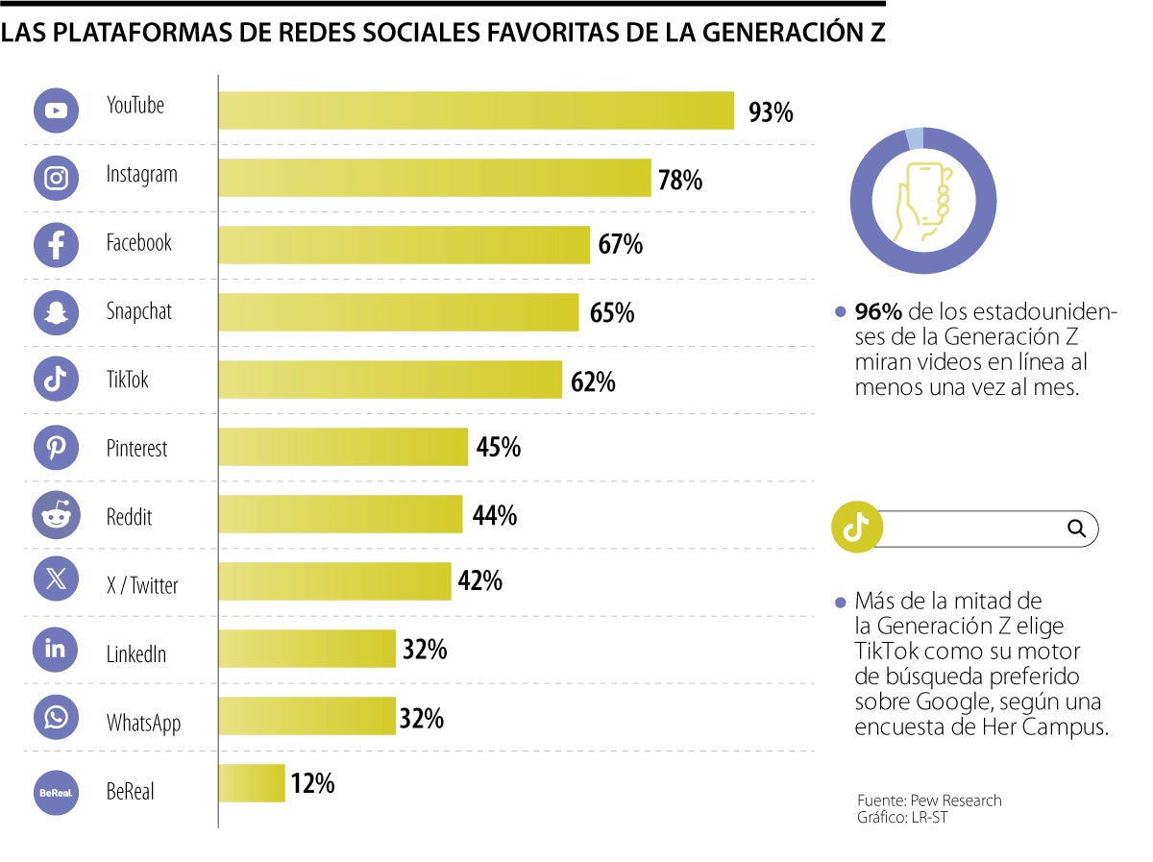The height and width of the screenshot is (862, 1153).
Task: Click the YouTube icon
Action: [56, 110]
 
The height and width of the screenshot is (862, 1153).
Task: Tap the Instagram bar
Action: [434, 178]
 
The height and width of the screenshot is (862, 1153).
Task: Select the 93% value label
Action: [771, 112]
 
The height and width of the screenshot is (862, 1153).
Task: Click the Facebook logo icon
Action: [56, 245]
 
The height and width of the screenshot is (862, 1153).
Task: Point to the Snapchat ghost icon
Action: [56, 313]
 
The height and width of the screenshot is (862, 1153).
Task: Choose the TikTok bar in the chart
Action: [389, 380]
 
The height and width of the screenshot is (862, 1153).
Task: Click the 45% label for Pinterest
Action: [498, 447]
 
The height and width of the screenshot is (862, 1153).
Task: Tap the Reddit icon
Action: [56, 516]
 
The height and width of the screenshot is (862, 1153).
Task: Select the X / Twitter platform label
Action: [141, 585]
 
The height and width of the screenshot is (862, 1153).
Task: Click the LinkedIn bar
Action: [307, 649]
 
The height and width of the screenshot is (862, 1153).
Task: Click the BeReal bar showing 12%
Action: [252, 783]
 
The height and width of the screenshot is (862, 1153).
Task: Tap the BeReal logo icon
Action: [56, 793]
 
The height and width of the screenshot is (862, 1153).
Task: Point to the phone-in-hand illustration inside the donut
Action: [923, 201]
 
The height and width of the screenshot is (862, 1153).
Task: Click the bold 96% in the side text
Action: [878, 312]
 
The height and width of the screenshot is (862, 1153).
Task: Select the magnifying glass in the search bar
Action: [1076, 528]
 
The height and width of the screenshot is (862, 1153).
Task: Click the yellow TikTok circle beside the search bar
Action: [856, 527]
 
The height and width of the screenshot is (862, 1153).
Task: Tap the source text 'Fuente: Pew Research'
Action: [929, 800]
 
